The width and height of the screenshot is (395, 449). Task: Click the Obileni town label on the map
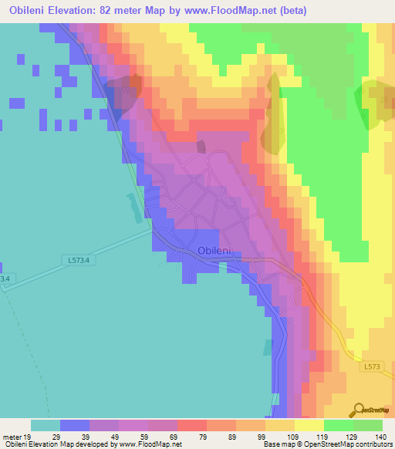pyautogui.click(x=215, y=250)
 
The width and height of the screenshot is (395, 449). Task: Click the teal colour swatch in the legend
pyautogui.click(x=46, y=425)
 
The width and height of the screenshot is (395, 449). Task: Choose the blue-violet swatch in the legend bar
pyautogui.click(x=75, y=425)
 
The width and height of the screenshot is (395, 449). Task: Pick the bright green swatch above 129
pyautogui.click(x=339, y=425)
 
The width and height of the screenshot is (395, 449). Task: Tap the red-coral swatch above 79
pyautogui.click(x=192, y=425)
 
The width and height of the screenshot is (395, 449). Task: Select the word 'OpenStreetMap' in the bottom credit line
pyautogui.click(x=318, y=444)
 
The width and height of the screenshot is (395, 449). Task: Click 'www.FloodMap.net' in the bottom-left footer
pyautogui.click(x=146, y=444)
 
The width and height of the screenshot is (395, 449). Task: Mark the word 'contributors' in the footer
pyautogui.click(x=371, y=444)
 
